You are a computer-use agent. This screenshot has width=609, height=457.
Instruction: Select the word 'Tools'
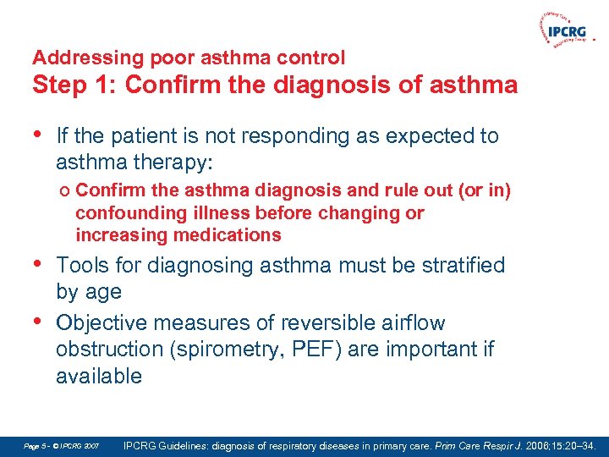(x=83, y=266)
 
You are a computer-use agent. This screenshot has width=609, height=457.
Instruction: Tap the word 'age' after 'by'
(x=103, y=292)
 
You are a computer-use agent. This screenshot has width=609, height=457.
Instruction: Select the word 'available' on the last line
(x=99, y=376)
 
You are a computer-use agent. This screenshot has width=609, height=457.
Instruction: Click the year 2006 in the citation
(x=534, y=444)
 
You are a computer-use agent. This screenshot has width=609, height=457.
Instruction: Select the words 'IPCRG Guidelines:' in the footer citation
(x=167, y=444)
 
